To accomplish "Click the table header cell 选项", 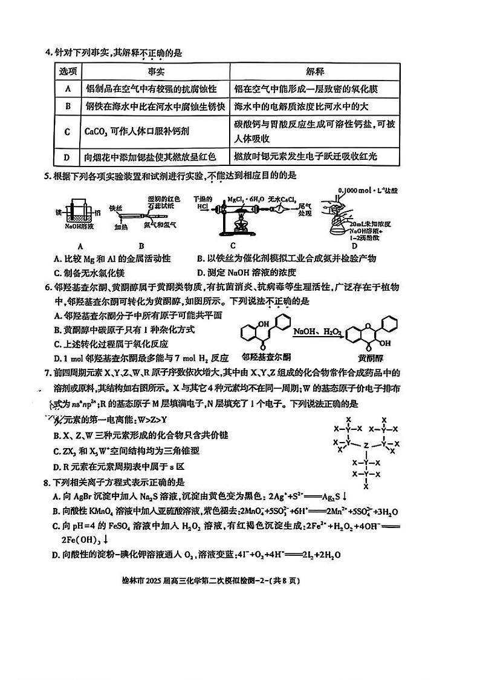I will (x=68, y=71).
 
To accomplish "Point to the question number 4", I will (x=48, y=53).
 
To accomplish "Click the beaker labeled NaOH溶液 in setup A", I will (x=79, y=214).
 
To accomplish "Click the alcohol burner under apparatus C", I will (x=237, y=229).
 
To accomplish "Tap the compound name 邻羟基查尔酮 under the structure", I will (x=261, y=357).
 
